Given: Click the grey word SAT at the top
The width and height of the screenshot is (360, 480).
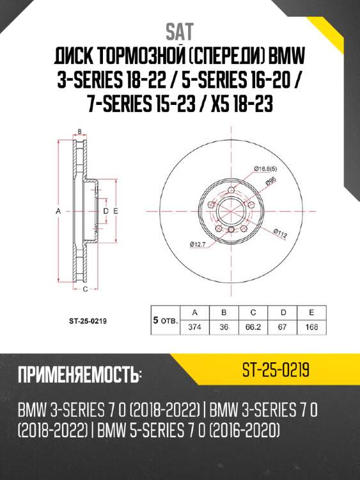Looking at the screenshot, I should [180, 31].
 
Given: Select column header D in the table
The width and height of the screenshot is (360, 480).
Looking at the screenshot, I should [282, 312].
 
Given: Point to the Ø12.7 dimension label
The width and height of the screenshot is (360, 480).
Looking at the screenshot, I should [198, 243].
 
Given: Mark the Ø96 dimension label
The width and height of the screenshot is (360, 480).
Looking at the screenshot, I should [270, 182].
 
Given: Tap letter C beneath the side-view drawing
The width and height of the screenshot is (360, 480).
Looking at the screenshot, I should [85, 289].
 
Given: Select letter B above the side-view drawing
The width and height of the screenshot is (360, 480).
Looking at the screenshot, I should [79, 132].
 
